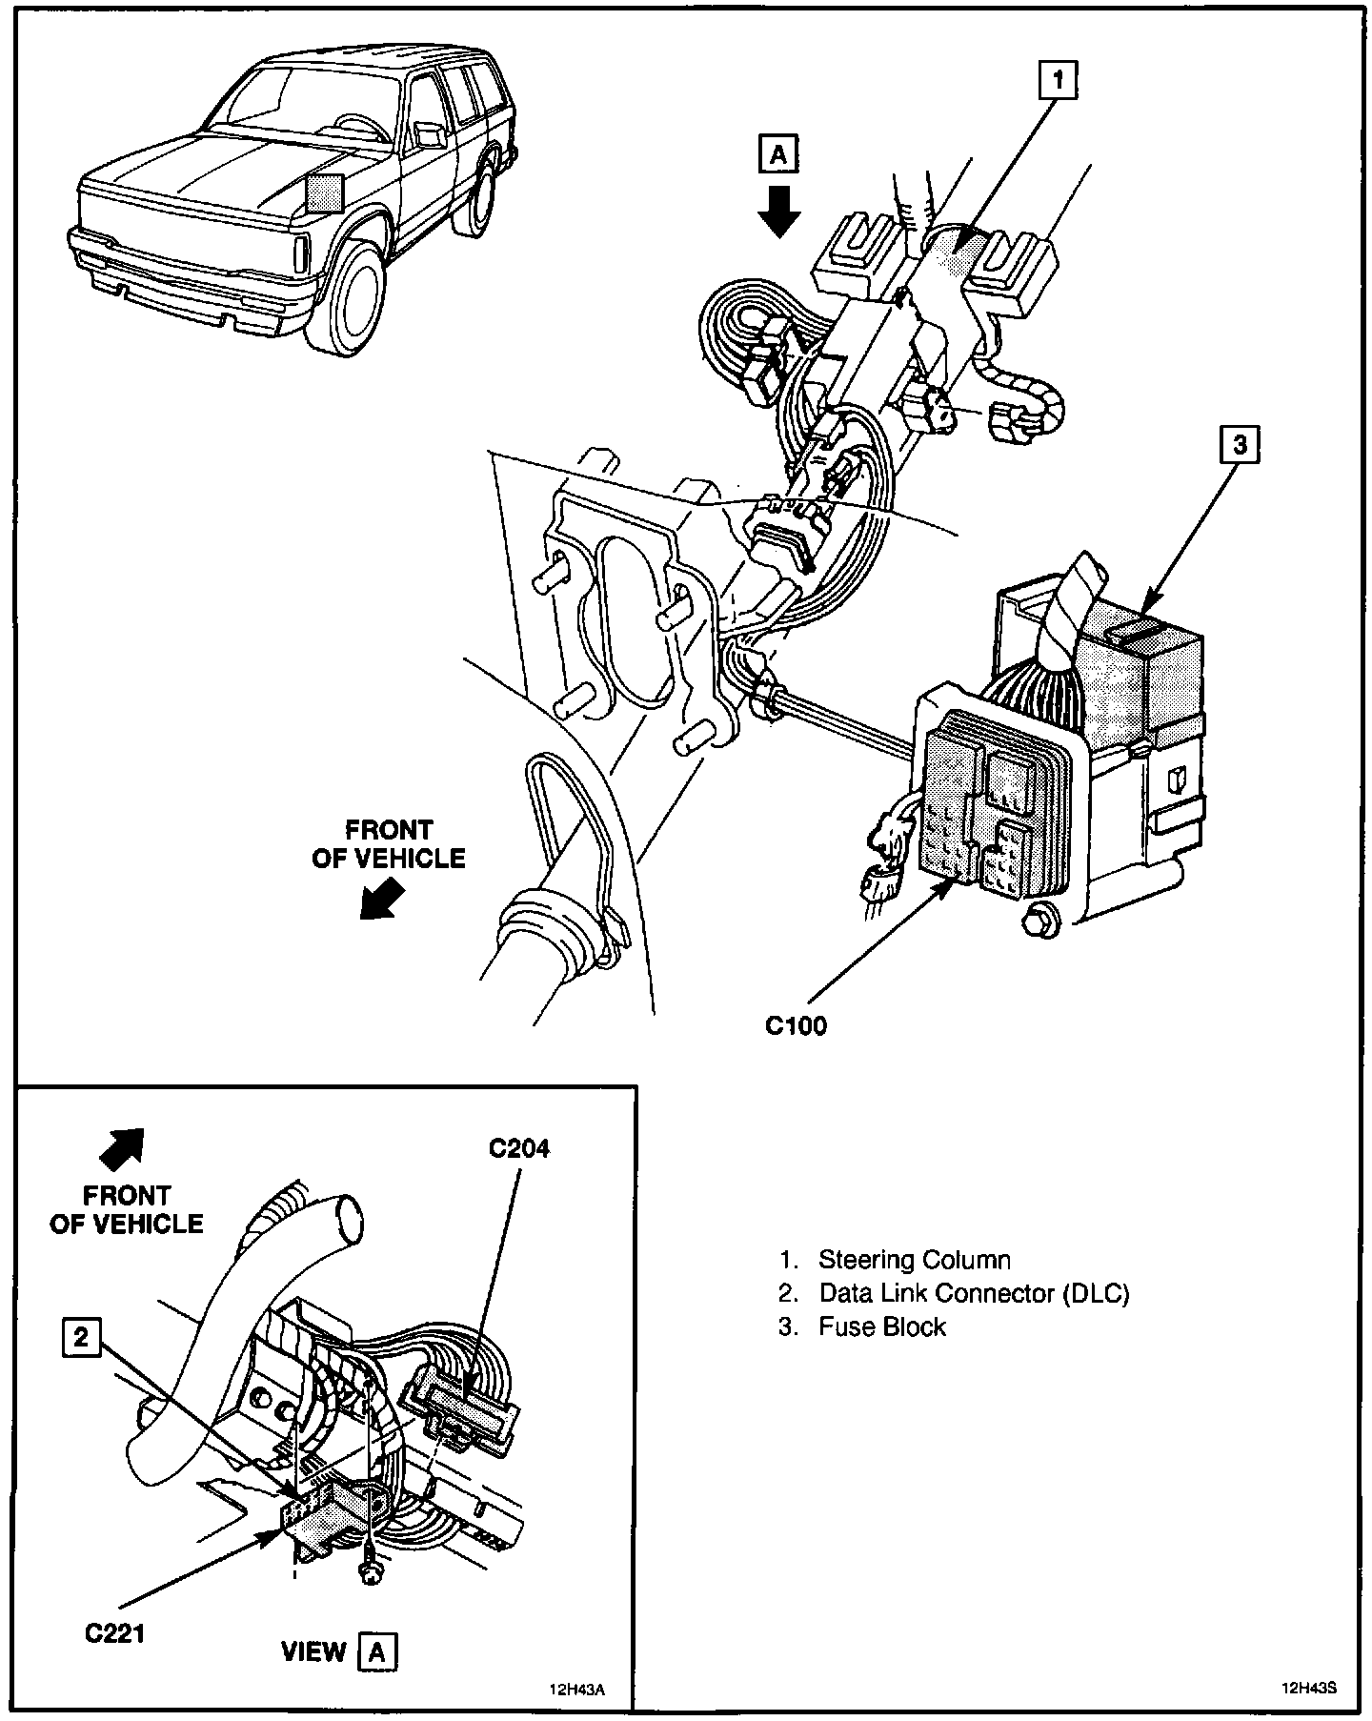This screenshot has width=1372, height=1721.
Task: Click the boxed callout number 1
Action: pyautogui.click(x=1058, y=80)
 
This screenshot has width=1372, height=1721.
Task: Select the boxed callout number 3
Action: pyautogui.click(x=1240, y=445)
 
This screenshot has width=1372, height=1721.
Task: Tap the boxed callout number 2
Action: pyautogui.click(x=81, y=1338)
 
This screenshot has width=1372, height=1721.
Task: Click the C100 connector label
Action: pyautogui.click(x=797, y=1025)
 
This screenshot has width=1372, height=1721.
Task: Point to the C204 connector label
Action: pyautogui.click(x=519, y=1148)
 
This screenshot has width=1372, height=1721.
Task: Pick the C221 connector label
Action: pyautogui.click(x=114, y=1633)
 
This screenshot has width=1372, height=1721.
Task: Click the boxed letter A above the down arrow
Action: pyautogui.click(x=778, y=154)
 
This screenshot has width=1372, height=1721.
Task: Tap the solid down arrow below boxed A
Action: pyautogui.click(x=779, y=210)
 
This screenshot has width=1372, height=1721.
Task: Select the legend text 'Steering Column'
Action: pyautogui.click(x=914, y=1260)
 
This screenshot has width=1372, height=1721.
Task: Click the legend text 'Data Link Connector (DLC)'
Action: pyautogui.click(x=974, y=1293)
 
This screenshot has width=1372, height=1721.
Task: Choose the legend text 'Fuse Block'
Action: pyautogui.click(x=881, y=1326)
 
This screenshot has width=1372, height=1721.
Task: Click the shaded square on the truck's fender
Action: pyautogui.click(x=324, y=192)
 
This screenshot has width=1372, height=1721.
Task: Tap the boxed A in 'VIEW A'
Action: pyautogui.click(x=377, y=1652)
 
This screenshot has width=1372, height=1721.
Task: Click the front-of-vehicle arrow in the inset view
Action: pyautogui.click(x=122, y=1148)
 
